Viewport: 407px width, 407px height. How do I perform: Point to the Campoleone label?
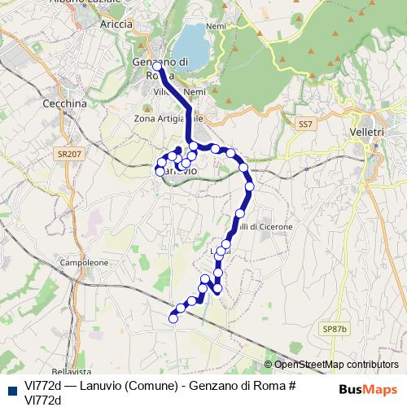tap(85, 264)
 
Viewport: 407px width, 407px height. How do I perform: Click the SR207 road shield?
tap(69, 153)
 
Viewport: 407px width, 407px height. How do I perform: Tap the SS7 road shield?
tap(305, 124)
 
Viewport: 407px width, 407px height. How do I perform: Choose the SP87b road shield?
tap(334, 328)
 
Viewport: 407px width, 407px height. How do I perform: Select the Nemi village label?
tap(216, 26)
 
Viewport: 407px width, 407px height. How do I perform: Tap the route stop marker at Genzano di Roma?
tap(156, 67)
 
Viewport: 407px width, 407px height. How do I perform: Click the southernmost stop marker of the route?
tap(173, 318)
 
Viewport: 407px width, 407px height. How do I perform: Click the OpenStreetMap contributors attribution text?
tap(335, 365)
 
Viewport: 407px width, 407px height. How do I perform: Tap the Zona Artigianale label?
tap(167, 119)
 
